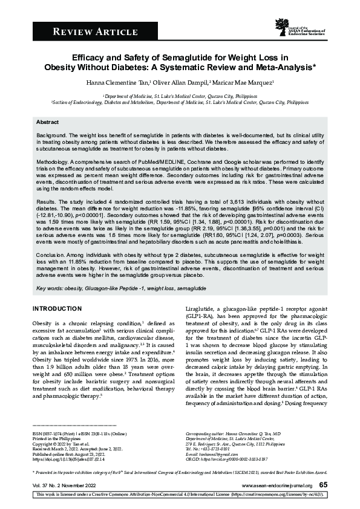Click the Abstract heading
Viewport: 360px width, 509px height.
pyautogui.click(x=47, y=122)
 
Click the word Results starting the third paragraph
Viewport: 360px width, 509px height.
pyautogui.click(x=45, y=200)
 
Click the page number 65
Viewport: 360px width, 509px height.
pyautogui.click(x=324, y=484)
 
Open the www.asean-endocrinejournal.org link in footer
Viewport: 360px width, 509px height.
pyautogui.click(x=277, y=485)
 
